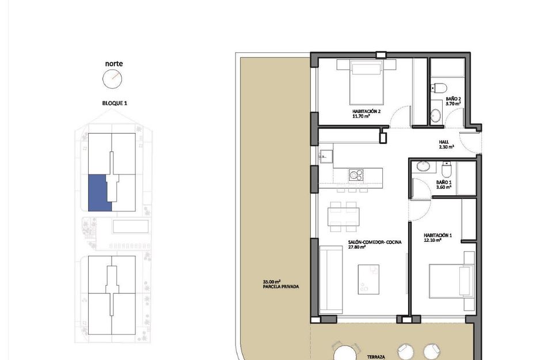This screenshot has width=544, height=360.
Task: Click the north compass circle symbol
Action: [x=113, y=78]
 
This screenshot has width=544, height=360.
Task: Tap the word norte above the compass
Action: [x=113, y=64]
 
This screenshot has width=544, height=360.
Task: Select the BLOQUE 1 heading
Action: [x=113, y=103]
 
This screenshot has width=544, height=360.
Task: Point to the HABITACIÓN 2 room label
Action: [x=367, y=113]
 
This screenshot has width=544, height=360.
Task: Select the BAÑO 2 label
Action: [x=453, y=101]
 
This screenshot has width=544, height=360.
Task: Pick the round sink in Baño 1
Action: [x=424, y=166]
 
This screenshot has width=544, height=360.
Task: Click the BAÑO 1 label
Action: [x=444, y=185]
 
